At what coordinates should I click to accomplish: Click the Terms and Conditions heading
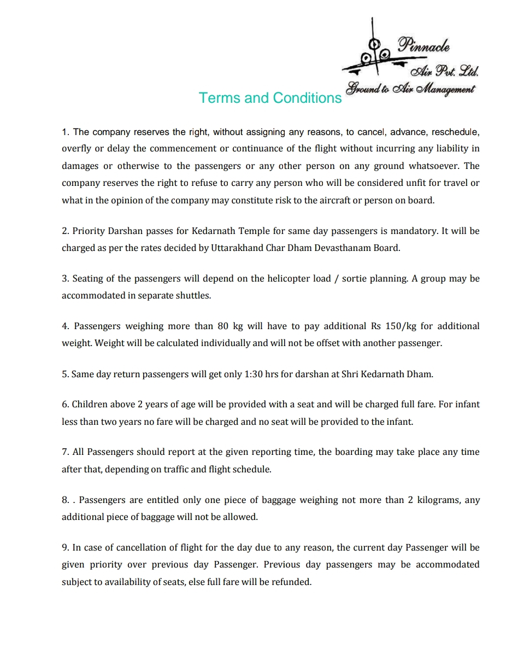[x=270, y=98]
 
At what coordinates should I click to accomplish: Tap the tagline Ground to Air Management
[x=410, y=89]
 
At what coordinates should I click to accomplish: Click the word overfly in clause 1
[x=76, y=149]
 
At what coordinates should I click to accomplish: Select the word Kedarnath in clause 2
[x=215, y=231]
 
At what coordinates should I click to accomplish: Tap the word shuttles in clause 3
[x=193, y=296]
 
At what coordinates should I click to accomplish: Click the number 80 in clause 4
[x=222, y=326]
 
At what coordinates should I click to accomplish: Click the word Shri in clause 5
[x=350, y=374]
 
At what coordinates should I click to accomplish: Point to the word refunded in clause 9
[x=291, y=582]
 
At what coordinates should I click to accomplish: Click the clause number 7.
[x=65, y=452]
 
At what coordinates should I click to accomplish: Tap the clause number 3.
[x=65, y=278]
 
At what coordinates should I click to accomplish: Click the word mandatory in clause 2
[x=413, y=231]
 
